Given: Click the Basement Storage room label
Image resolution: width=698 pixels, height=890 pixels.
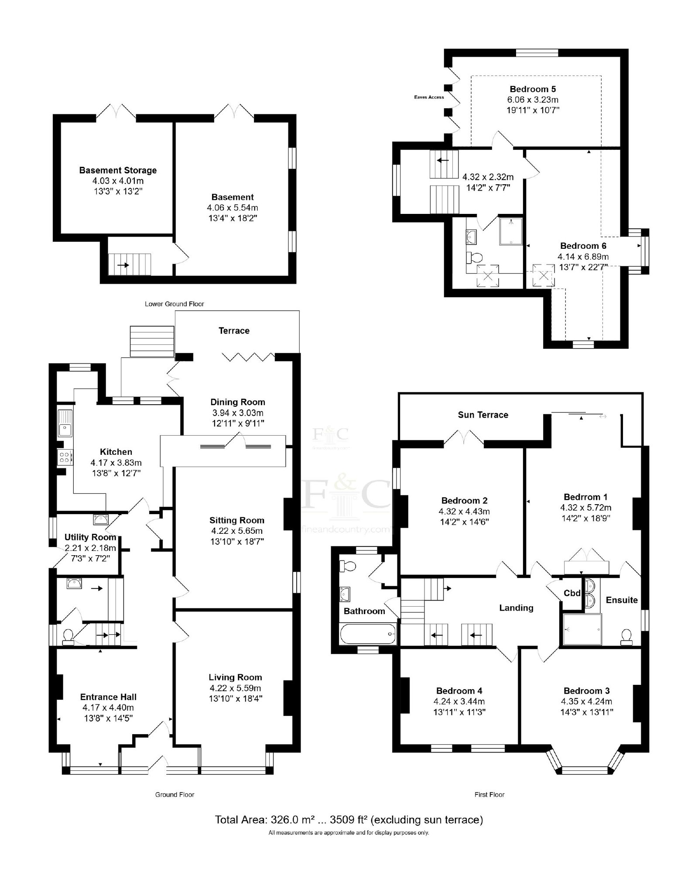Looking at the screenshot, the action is coord(118,170).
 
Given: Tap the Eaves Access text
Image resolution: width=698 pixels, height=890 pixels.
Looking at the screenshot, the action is coord(429,97).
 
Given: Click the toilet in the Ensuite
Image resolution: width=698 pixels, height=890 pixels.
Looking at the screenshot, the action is coord(626,636).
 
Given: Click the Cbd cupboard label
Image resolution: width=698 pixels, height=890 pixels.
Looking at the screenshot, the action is coord(572,593).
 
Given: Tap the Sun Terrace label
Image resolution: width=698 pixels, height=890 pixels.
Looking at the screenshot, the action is coord(483,415).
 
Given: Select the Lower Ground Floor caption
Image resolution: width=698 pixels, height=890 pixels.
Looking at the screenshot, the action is coord(174,304).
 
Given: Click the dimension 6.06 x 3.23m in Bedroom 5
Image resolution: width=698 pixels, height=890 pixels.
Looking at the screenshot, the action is coord(530,100).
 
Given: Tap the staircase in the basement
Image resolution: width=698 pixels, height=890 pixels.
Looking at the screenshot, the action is coord(130,265).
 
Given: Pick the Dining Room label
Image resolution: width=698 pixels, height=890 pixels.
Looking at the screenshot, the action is coord(238,402).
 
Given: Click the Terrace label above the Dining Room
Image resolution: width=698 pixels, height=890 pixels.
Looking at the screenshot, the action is coord(234,331).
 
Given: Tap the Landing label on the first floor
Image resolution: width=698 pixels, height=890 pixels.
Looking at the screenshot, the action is coord(516,608).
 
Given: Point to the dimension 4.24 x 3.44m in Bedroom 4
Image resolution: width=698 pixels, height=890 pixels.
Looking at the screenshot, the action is coord(459,701).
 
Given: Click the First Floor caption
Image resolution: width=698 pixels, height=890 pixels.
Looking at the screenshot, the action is coord(489,794).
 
